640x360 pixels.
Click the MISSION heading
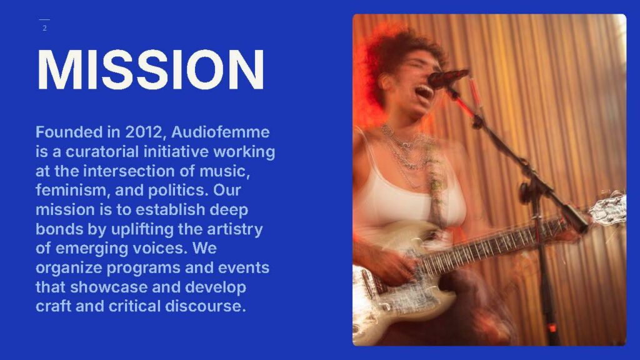[151, 69]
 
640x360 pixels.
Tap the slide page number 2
[44, 28]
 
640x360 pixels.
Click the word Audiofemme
[221, 132]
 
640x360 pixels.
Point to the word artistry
[235, 229]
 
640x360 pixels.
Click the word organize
[69, 268]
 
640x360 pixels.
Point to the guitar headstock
[607, 209]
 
